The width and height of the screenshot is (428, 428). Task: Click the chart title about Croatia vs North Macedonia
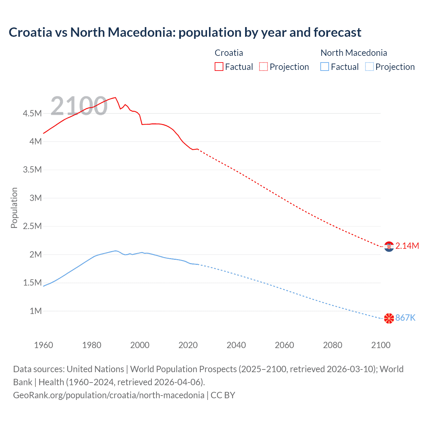click(185, 32)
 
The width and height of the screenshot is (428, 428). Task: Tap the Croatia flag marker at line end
click(389, 246)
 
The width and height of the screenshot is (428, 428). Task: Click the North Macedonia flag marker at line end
click(389, 318)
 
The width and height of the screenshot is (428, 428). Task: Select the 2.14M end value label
click(407, 246)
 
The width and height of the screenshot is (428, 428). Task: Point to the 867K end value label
click(405, 318)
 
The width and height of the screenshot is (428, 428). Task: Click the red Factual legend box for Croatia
click(219, 67)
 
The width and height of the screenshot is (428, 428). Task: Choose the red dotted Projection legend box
click(263, 67)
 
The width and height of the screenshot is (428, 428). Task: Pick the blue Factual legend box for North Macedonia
click(325, 67)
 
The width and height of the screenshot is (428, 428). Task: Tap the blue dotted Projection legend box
click(369, 67)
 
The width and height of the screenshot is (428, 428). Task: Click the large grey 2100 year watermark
click(79, 106)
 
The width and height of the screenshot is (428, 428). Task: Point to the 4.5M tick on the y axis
click(32, 113)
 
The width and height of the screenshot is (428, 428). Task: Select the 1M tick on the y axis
click(35, 311)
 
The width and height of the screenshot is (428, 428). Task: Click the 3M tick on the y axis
click(35, 198)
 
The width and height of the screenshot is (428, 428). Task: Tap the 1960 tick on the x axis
click(43, 345)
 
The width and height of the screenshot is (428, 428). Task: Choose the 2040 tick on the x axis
click(236, 345)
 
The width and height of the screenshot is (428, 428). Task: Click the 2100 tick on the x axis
click(381, 345)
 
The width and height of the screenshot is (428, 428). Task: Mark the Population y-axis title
click(14, 208)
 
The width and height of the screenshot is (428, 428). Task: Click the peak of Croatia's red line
click(115, 97)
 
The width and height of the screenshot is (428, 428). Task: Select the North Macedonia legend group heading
click(353, 53)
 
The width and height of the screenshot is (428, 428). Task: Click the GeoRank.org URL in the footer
click(109, 395)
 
